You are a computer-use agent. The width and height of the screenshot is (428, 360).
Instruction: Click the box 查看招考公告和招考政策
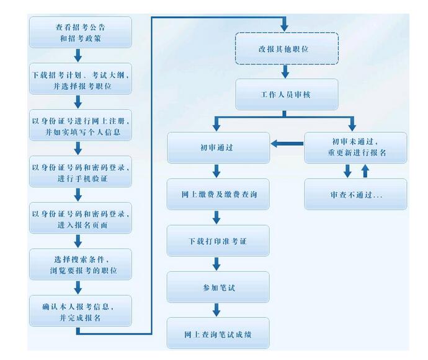click(81, 32)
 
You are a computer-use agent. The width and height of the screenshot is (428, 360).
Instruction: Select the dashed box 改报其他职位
click(287, 48)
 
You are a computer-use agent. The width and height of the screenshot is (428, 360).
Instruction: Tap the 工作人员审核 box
click(287, 94)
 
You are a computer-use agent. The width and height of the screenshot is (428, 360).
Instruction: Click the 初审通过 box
click(218, 147)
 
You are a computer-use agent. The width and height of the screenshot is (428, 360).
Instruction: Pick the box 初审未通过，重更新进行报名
click(355, 147)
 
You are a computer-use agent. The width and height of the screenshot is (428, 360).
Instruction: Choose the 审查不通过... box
click(355, 194)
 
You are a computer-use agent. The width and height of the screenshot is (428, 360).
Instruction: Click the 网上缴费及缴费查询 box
click(218, 194)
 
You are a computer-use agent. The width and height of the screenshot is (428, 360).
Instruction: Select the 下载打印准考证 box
click(218, 240)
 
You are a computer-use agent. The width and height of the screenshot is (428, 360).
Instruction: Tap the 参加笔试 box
click(218, 287)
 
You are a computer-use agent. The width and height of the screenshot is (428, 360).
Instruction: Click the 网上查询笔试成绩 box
click(218, 333)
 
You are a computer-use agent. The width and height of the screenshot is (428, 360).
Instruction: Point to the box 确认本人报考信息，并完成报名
click(81, 310)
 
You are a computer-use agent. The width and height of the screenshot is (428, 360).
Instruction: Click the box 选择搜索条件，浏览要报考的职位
click(81, 264)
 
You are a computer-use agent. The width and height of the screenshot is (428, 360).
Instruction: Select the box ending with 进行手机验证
click(81, 171)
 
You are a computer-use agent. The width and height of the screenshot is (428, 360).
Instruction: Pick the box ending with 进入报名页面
click(81, 217)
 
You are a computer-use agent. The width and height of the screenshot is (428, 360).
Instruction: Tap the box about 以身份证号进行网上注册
click(81, 125)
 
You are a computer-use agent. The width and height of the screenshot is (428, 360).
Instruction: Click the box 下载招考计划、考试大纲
click(81, 79)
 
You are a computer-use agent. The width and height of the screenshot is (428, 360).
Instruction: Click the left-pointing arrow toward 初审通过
click(287, 144)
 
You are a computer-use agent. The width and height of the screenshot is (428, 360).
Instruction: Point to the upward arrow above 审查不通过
click(365, 171)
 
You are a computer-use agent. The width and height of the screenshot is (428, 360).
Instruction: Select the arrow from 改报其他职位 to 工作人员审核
click(285, 72)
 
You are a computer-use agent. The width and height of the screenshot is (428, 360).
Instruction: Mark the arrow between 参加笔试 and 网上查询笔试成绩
click(216, 310)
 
